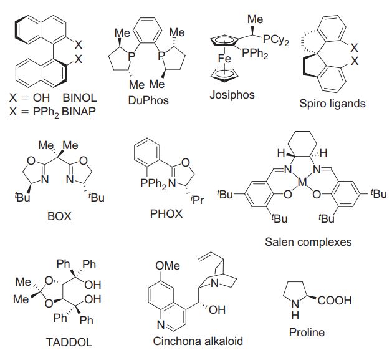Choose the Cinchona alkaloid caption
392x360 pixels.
197,342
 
